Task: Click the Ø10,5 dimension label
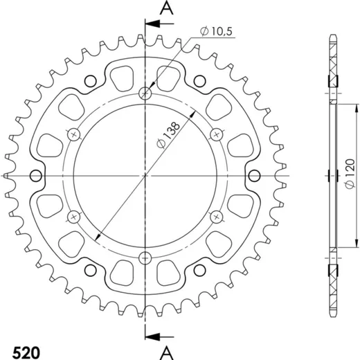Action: coord(216,31)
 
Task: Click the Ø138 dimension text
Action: coord(168,135)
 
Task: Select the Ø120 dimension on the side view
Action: coord(350,173)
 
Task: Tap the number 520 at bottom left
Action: coord(26,352)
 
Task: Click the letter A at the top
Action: coord(167,9)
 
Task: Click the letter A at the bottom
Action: coord(167,352)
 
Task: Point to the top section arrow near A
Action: coord(159,24)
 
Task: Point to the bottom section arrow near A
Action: coord(159,336)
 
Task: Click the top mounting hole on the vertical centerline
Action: coord(145,93)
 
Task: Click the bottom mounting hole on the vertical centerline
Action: coord(145,258)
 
